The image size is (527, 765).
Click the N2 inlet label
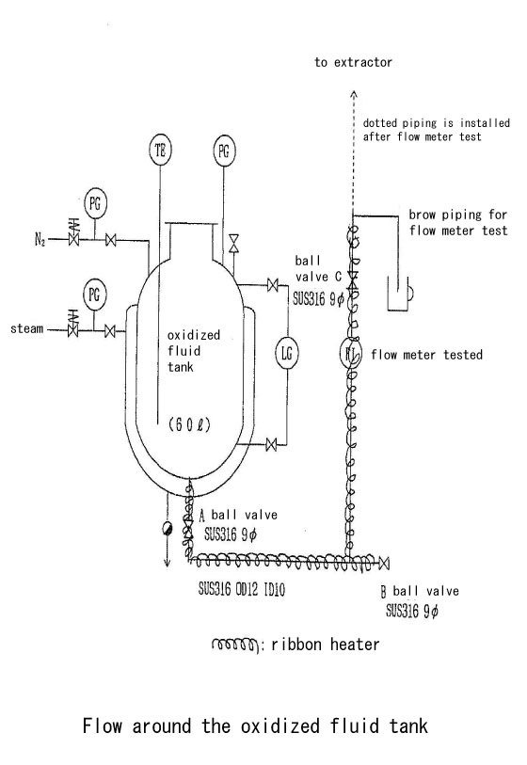[x=40, y=240]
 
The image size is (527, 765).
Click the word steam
[x=27, y=328]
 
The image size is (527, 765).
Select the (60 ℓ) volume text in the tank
[x=189, y=424]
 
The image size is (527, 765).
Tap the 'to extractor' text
[x=353, y=62]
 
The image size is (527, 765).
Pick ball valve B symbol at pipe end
[x=384, y=563]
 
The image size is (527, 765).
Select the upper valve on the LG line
[x=272, y=284]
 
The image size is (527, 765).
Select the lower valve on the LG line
[x=271, y=444]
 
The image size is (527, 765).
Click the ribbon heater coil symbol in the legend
[x=233, y=645]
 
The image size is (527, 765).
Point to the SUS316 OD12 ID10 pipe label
[x=241, y=589]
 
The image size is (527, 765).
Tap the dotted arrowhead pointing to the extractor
[x=354, y=94]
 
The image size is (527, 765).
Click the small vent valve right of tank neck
[x=234, y=243]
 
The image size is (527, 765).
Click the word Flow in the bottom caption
[x=102, y=725]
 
